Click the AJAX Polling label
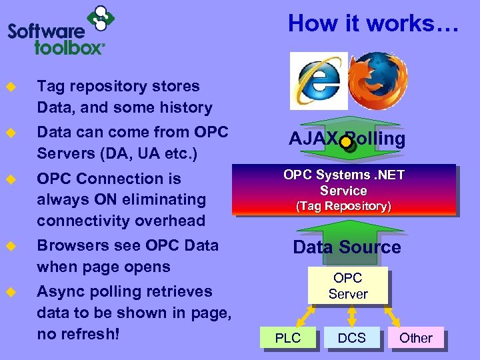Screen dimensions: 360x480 (347, 139)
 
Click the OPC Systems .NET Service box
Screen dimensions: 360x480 (344, 189)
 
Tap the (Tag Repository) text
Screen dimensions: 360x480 (344, 206)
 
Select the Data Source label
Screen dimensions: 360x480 (347, 247)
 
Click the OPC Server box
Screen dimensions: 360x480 (347, 286)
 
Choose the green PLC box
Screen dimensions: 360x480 (288, 338)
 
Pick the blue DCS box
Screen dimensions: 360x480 (351, 338)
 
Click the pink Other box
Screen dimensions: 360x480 (415, 338)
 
